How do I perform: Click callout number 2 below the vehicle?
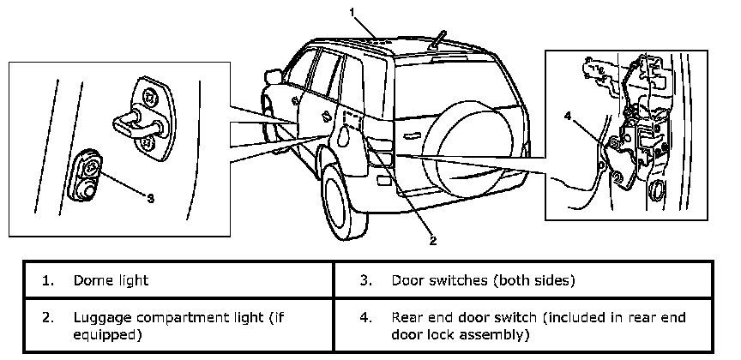click(433, 241)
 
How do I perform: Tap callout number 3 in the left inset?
click(151, 198)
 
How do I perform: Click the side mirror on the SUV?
click(273, 77)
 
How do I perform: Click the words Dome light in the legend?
click(111, 280)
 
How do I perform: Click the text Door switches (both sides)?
click(483, 280)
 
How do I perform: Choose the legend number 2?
click(47, 317)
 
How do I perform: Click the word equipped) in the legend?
click(107, 333)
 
